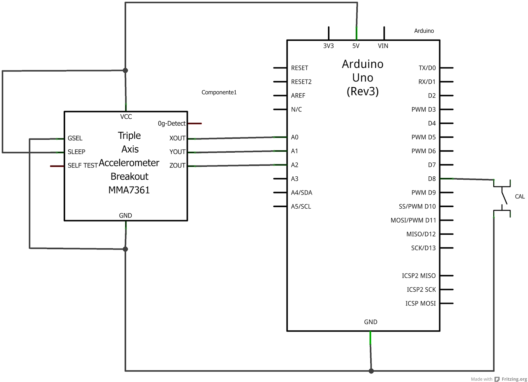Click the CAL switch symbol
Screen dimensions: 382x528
[503, 198]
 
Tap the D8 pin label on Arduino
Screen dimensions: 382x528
[432, 179]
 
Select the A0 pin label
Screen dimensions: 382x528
[295, 137]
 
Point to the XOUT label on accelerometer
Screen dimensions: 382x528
[177, 138]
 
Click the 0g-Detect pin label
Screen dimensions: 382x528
[172, 124]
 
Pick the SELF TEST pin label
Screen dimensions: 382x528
[82, 165]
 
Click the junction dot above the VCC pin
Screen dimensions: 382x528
[125, 70]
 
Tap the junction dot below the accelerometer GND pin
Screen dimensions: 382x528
[125, 249]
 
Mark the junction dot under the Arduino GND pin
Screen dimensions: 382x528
[371, 371]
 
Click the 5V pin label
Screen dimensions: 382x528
[356, 46]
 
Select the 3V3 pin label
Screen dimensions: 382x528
[328, 46]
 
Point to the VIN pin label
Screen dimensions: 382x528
[383, 46]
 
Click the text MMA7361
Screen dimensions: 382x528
[129, 190]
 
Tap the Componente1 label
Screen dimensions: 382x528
[219, 92]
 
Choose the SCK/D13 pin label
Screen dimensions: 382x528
[423, 248]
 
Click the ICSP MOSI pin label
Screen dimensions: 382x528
[420, 303]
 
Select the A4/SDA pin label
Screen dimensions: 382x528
[301, 192]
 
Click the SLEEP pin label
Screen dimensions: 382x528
[76, 152]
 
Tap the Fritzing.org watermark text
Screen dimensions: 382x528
[514, 379]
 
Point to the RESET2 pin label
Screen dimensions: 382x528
[301, 82]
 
